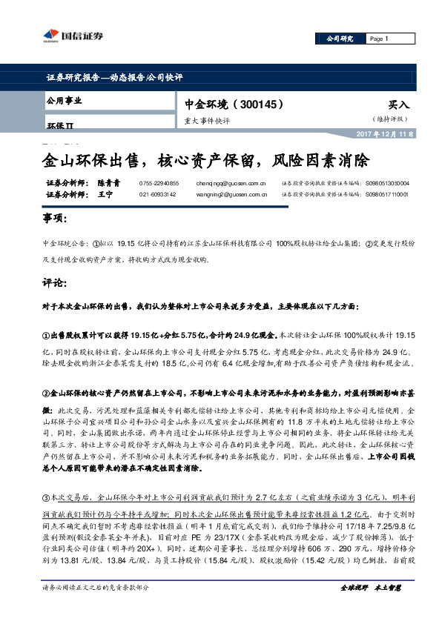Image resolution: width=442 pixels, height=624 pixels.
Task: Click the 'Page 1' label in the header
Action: tap(378, 39)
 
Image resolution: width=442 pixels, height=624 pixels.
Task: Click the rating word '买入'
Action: tap(398, 106)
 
